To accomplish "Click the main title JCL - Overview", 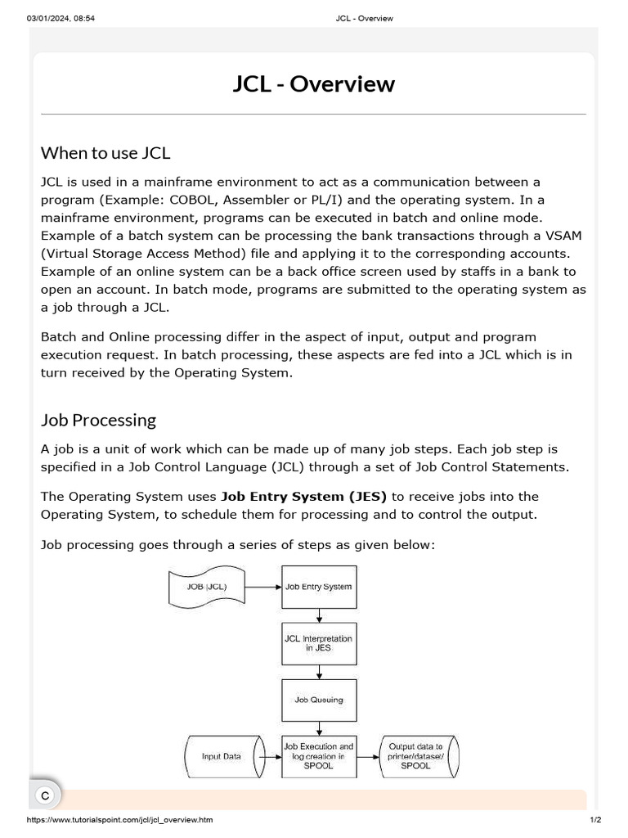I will click(313, 83).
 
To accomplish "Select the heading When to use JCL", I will click(105, 153).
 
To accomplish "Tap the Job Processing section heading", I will click(98, 420).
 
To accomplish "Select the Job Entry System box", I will click(319, 587).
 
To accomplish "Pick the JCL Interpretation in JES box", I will click(319, 643).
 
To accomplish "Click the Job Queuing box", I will click(319, 700).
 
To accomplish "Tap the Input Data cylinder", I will click(222, 756).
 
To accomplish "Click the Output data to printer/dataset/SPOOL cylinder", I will click(416, 756).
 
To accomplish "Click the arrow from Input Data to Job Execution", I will click(271, 756).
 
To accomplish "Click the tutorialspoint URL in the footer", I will click(120, 820).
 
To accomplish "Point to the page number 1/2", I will click(595, 820).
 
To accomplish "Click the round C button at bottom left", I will click(46, 795).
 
